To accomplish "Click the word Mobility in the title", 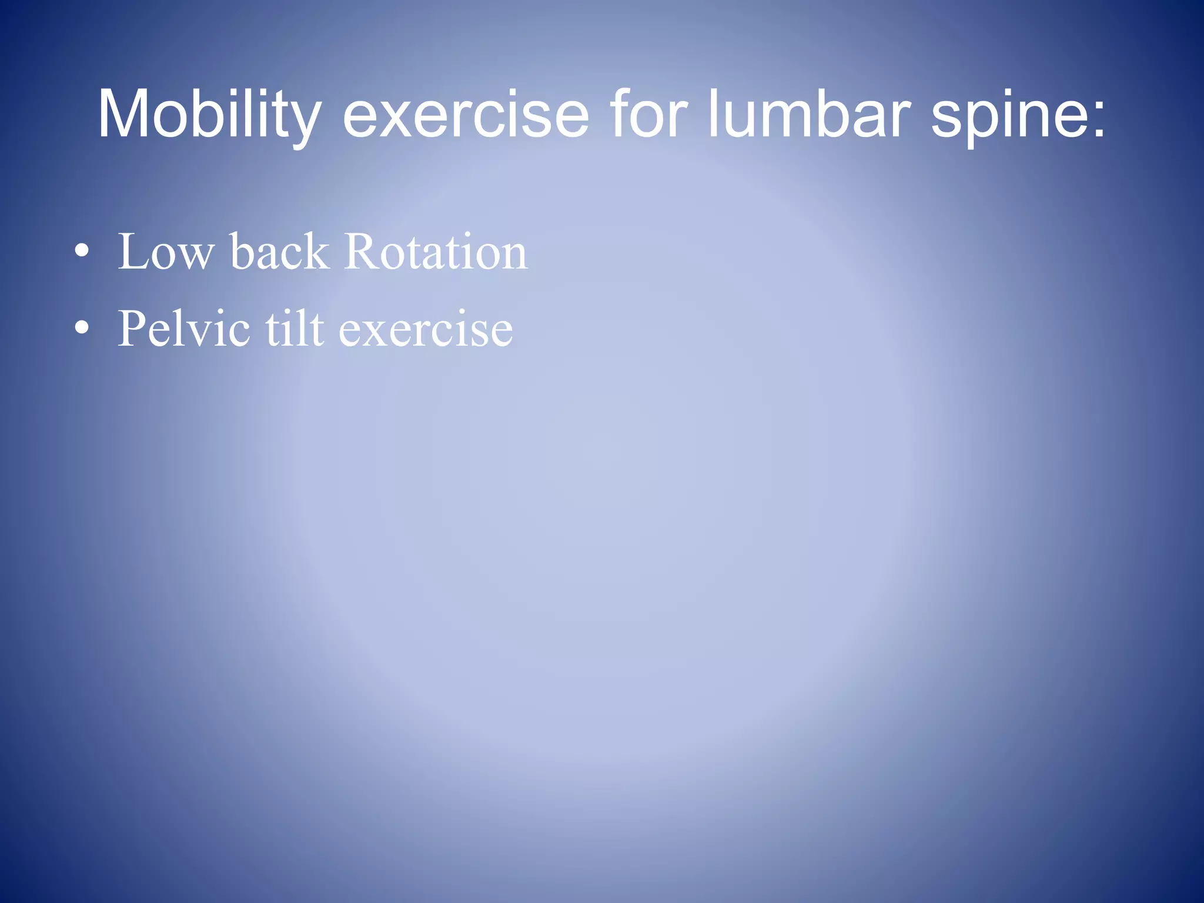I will [x=209, y=115].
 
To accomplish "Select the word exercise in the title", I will [x=465, y=115].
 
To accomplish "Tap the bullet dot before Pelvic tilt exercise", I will [x=82, y=329].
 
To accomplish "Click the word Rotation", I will [x=436, y=252].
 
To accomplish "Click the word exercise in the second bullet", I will [x=426, y=330].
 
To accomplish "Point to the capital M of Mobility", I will [x=125, y=115].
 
